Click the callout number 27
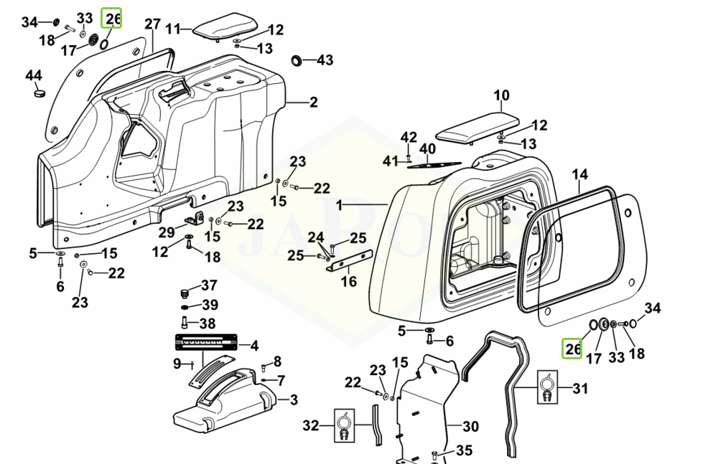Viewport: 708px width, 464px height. click(x=152, y=24)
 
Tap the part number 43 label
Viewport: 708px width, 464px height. click(x=325, y=60)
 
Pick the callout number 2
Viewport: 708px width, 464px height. click(x=313, y=103)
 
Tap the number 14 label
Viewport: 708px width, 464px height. click(x=580, y=175)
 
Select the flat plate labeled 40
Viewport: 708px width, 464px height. click(x=432, y=165)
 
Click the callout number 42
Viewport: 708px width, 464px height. click(x=409, y=137)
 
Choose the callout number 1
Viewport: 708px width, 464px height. click(x=339, y=206)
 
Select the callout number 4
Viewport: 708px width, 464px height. click(x=254, y=346)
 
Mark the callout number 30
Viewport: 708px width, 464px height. click(x=470, y=427)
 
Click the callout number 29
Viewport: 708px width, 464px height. click(x=167, y=232)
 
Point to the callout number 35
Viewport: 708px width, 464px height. click(x=464, y=451)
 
